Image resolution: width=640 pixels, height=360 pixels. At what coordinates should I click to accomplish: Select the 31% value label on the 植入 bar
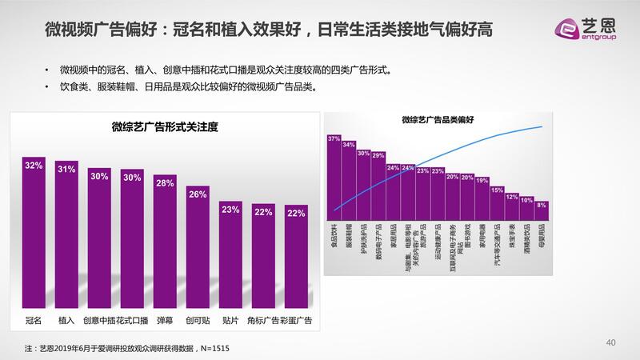pyautogui.click(x=66, y=169)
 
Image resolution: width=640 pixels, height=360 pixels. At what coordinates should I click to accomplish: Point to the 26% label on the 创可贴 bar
pyautogui.click(x=198, y=194)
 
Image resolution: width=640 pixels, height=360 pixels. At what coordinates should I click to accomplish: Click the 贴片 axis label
pyautogui.click(x=230, y=321)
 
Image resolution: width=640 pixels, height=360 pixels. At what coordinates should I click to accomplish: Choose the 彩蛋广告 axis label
pyautogui.click(x=296, y=321)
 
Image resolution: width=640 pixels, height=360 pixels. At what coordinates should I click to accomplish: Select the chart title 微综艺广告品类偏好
pyautogui.click(x=438, y=121)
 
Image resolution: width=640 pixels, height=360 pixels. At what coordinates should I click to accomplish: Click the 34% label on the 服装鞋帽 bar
pyautogui.click(x=349, y=145)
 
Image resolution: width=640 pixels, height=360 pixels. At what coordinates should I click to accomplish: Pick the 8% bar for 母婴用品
pyautogui.click(x=542, y=213)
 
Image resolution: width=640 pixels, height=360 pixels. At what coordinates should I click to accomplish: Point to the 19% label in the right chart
pyautogui.click(x=482, y=181)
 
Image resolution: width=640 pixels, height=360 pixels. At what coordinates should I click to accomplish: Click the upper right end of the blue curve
pyautogui.click(x=544, y=126)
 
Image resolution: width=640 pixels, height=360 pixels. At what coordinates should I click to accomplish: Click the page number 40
pyautogui.click(x=611, y=343)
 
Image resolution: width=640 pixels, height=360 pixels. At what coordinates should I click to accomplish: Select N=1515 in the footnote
pyautogui.click(x=206, y=348)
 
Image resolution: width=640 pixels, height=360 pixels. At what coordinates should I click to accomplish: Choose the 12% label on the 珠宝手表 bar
pyautogui.click(x=511, y=196)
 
